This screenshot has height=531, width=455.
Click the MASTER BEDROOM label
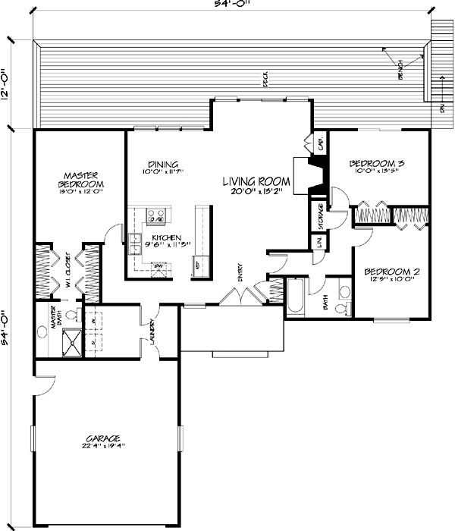pos(78,179)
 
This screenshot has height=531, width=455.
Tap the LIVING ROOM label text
pos(256,181)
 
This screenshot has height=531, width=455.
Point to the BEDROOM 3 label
pos(376,163)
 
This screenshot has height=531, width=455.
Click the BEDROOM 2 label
pos(392,271)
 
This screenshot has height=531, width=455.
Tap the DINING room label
pos(163,165)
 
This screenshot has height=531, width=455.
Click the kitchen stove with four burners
pos(156,216)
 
